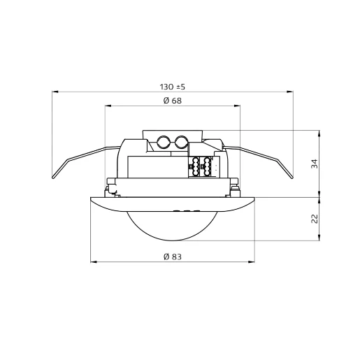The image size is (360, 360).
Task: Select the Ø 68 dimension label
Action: tap(172, 101)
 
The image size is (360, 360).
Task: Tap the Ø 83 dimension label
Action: tap(172, 257)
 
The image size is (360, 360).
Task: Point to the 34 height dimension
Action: tap(314, 164)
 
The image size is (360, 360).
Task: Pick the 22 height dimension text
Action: tap(314, 219)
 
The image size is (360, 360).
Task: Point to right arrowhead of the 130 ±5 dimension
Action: tap(289, 91)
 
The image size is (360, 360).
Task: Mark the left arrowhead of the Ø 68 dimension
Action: tap(107, 106)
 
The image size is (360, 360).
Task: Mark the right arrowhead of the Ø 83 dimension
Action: tap(252, 261)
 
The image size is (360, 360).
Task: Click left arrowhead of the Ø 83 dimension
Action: tap(92, 261)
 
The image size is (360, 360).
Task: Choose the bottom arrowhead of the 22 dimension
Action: tap(320, 240)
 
